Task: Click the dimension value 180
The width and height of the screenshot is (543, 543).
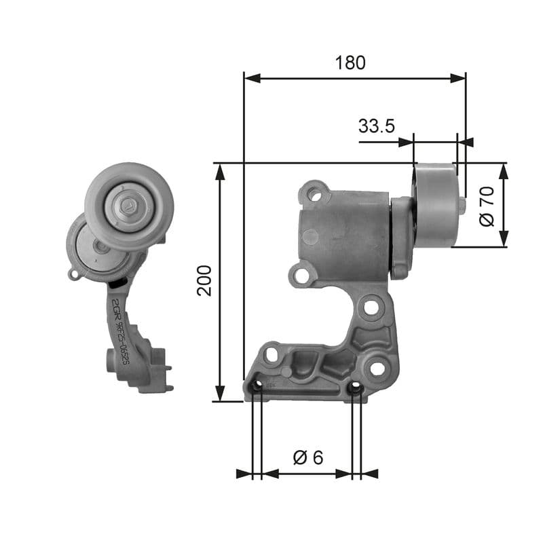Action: click(350, 62)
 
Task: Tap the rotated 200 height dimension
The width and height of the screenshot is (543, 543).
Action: click(205, 280)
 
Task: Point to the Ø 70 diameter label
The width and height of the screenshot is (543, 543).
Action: click(485, 206)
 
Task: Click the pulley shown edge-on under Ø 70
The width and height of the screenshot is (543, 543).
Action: click(436, 204)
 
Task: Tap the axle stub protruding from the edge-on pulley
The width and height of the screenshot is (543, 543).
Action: click(462, 205)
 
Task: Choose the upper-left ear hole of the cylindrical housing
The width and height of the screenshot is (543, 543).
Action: click(314, 194)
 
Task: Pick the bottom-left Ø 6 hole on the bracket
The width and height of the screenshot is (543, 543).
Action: click(256, 388)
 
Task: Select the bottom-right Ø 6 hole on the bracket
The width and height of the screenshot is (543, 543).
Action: click(355, 388)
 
